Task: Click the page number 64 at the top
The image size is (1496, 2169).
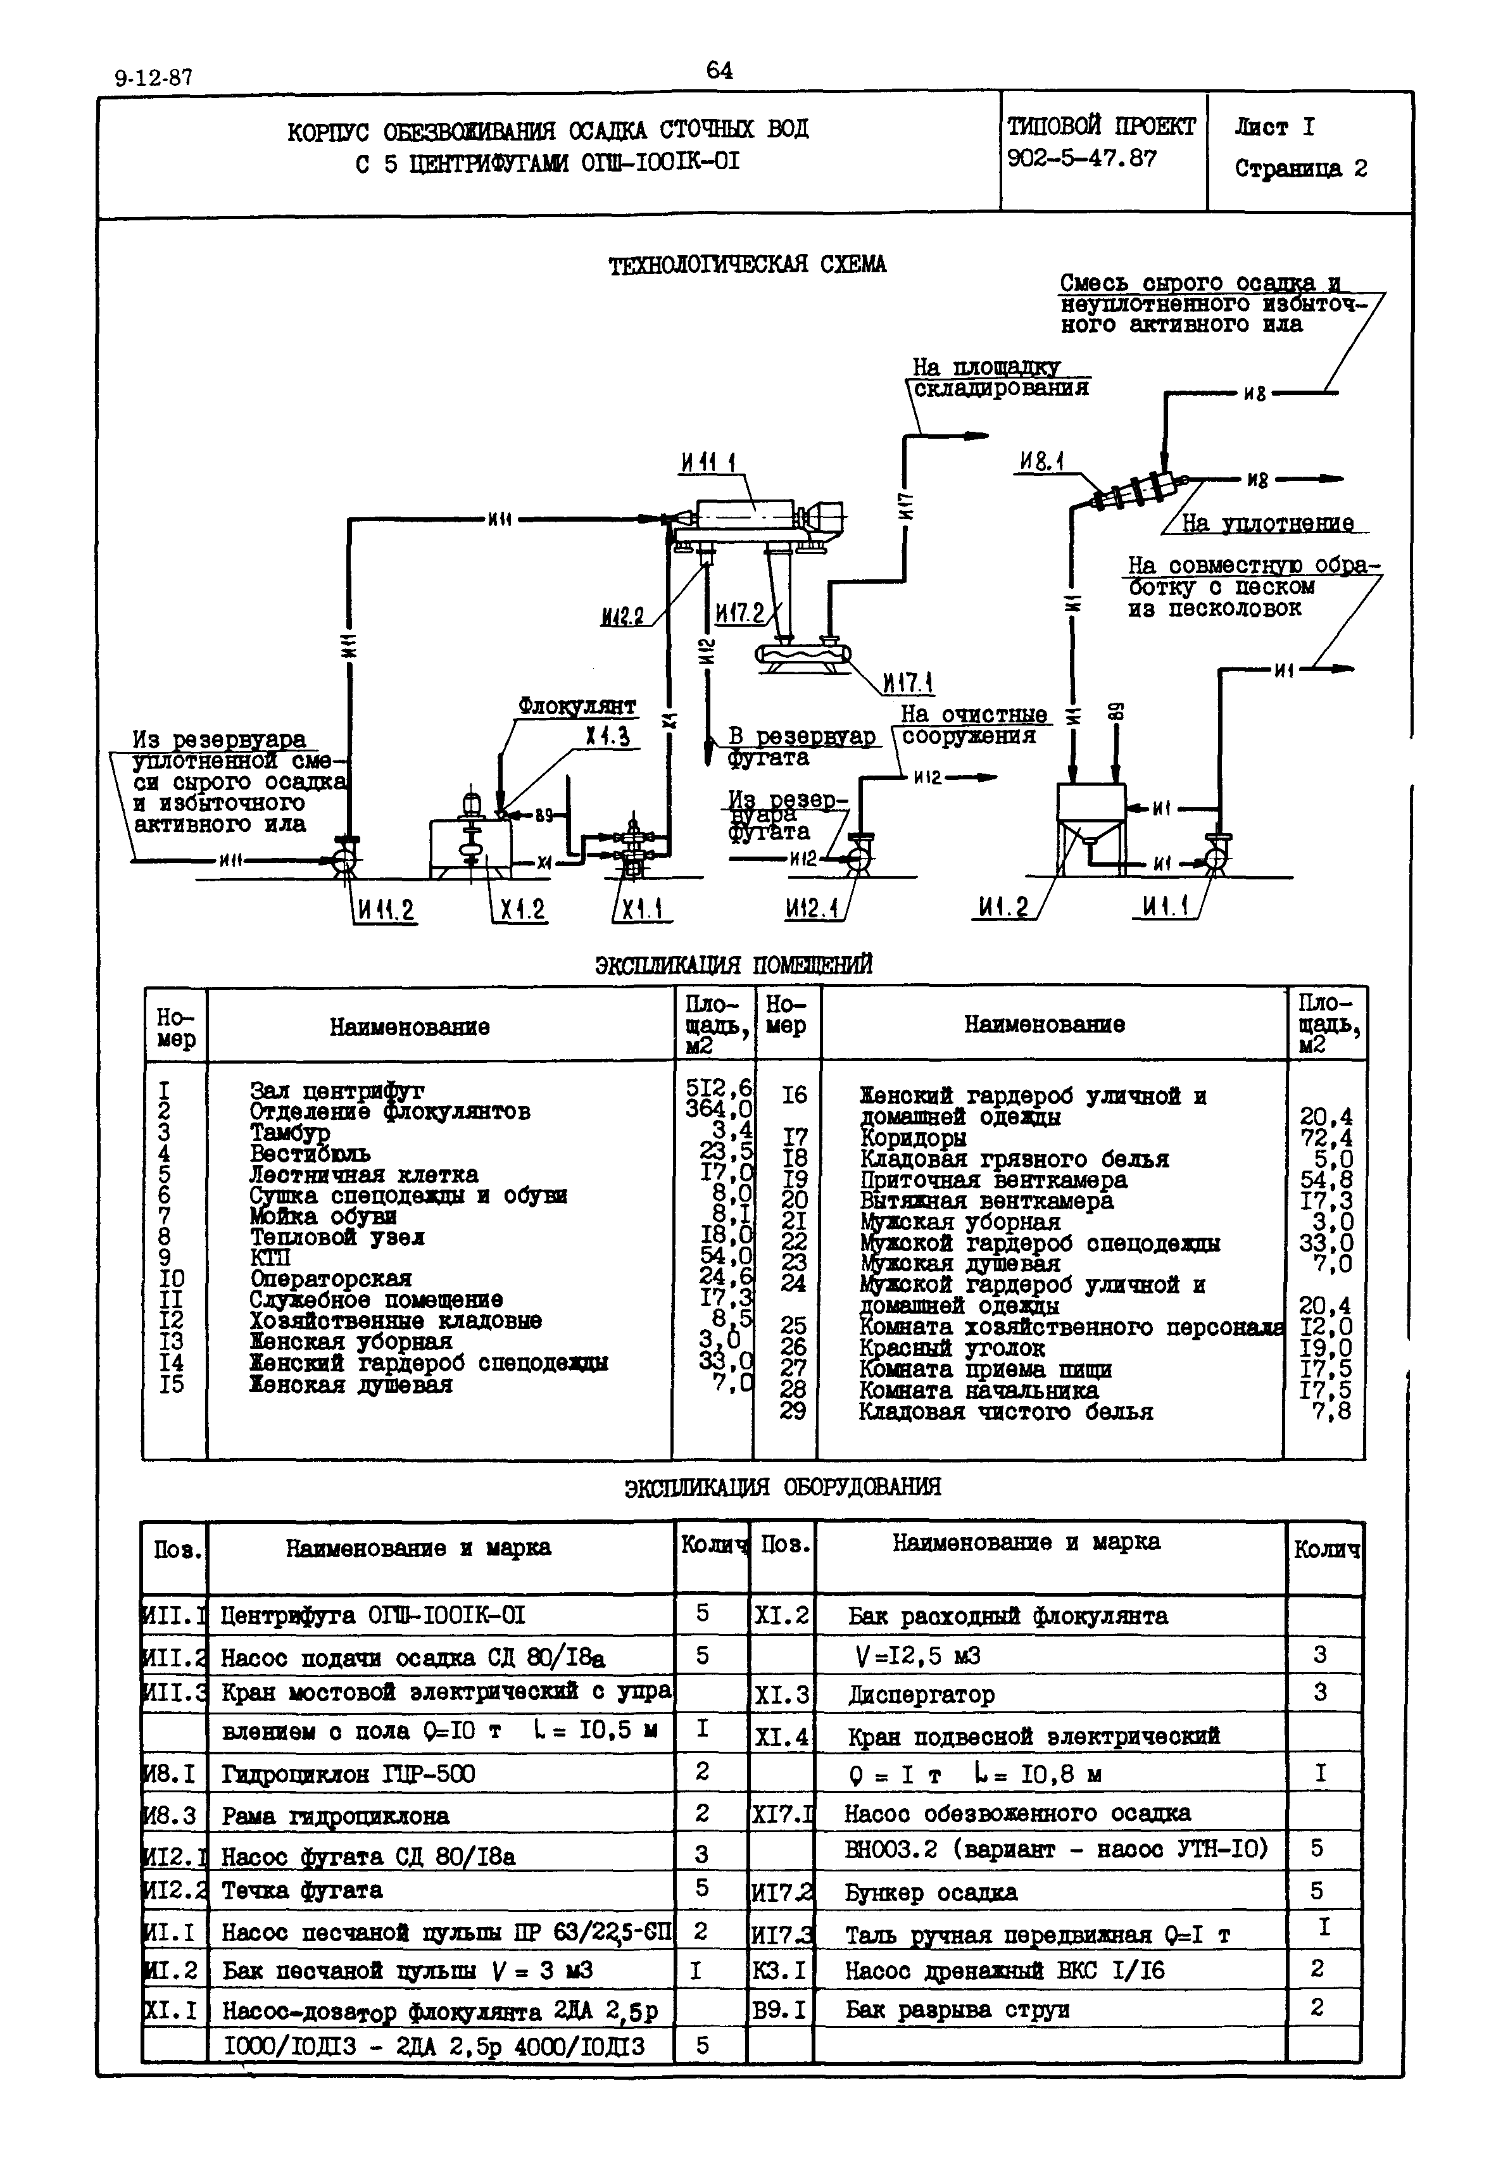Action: click(719, 70)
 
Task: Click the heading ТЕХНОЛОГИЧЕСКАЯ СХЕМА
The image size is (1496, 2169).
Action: click(746, 265)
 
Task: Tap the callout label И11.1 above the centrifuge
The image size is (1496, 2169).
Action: click(708, 462)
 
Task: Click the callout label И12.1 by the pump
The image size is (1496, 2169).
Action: click(812, 908)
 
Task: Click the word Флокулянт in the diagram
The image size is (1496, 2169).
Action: click(577, 706)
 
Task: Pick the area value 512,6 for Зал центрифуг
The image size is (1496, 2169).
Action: click(718, 1088)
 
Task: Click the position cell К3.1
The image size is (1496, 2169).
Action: click(779, 1970)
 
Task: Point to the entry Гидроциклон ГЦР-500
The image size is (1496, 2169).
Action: click(348, 1773)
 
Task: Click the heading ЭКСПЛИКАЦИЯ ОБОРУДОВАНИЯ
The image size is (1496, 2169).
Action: click(782, 1487)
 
